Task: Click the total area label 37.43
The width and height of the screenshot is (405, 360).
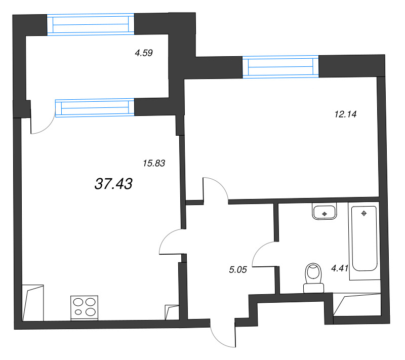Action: [x=113, y=184]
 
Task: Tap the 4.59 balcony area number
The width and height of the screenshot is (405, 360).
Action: [x=144, y=53]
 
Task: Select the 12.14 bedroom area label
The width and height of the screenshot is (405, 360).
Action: [x=345, y=114]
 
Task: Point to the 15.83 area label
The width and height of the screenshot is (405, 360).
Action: [x=154, y=163]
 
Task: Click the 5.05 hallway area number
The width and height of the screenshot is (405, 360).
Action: [x=238, y=269]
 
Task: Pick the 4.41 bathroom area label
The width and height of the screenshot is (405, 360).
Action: [x=340, y=268]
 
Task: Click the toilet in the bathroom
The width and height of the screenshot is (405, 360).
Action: [x=313, y=278]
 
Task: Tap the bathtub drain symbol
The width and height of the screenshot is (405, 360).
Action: [x=364, y=213]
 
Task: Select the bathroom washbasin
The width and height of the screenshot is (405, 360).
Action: [x=325, y=211]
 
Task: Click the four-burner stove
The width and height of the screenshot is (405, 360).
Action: [x=84, y=308]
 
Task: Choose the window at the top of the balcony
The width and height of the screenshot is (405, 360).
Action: [x=91, y=24]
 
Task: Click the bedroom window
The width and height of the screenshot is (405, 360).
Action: [x=280, y=67]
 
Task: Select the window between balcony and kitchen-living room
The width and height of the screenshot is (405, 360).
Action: [x=95, y=108]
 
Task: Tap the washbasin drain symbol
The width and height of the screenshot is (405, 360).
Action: [x=325, y=214]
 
